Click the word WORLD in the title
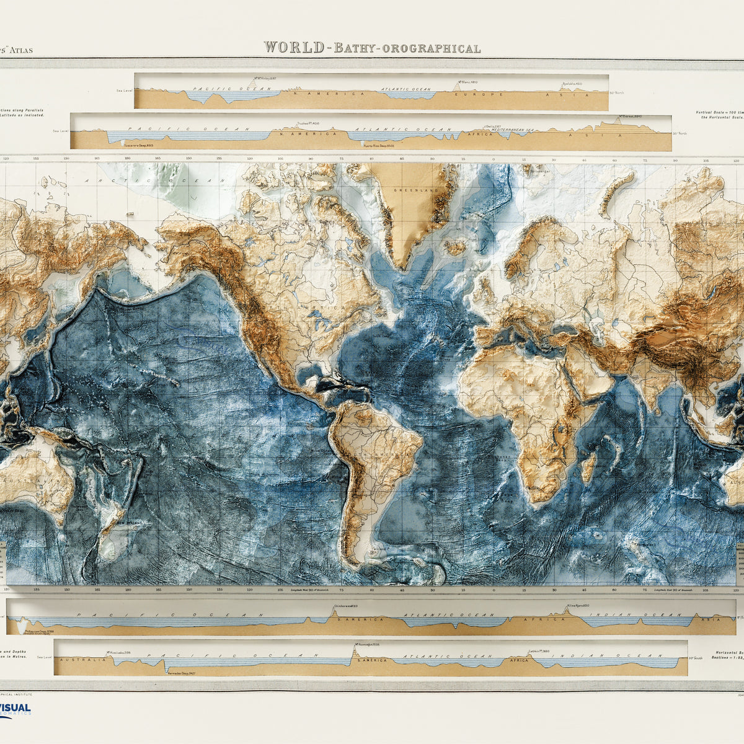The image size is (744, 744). coord(293,47)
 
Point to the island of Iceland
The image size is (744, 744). coord(455,247)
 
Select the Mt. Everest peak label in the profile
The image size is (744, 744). coord(630,117)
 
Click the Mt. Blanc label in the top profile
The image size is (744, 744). coord(467,82)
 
